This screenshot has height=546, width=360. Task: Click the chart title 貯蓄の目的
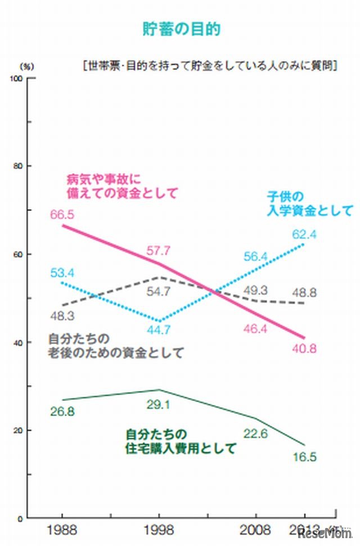click(180, 30)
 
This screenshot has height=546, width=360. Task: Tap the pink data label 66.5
click(62, 214)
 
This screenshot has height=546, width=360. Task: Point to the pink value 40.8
click(305, 349)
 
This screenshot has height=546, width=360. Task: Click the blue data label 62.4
click(304, 233)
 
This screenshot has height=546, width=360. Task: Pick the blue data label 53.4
click(62, 273)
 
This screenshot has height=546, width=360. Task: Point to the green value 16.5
click(304, 457)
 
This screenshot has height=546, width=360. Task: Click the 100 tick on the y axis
click(16, 78)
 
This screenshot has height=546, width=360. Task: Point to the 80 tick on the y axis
click(18, 166)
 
